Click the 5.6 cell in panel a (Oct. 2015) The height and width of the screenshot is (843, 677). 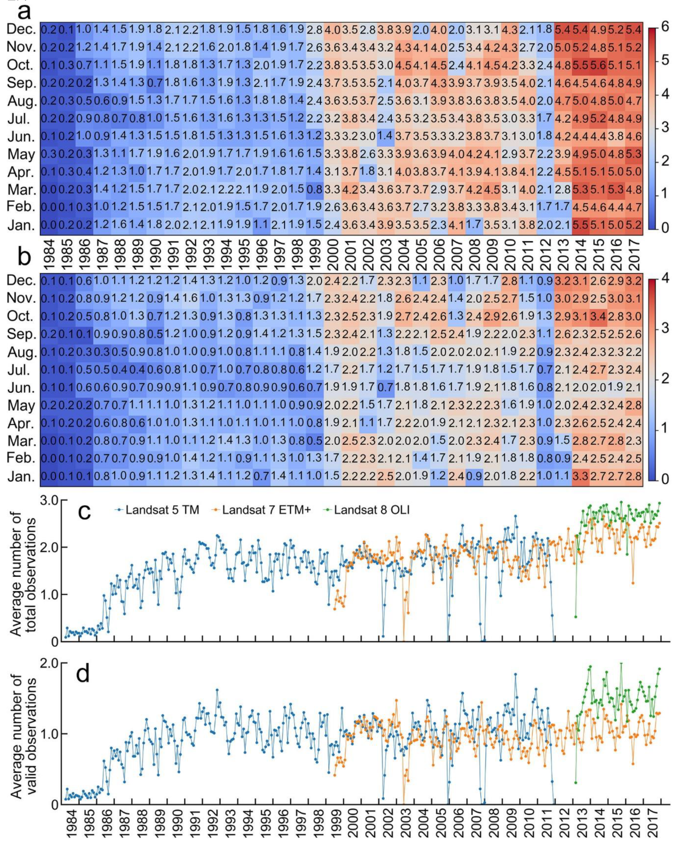click(x=598, y=65)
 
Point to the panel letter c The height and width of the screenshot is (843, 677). click(x=84, y=512)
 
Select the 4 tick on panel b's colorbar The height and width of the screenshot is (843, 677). click(x=664, y=279)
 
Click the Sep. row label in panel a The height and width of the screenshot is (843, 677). click(x=22, y=83)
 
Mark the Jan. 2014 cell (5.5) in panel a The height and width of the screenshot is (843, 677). click(x=581, y=225)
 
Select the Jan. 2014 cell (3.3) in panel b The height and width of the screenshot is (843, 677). click(x=581, y=477)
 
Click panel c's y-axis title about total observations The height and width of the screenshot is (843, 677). click(x=24, y=579)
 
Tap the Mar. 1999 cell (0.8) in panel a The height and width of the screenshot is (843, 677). click(x=315, y=189)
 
